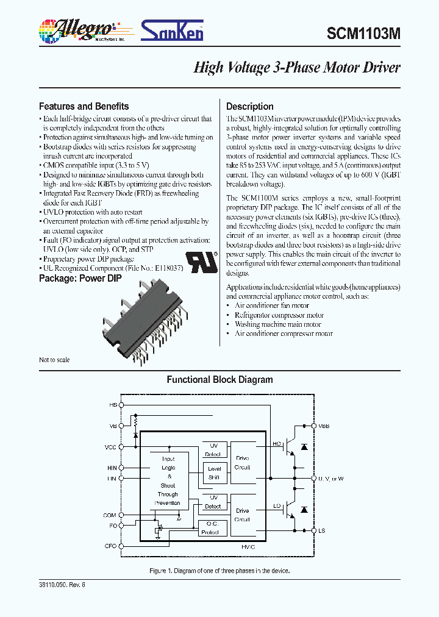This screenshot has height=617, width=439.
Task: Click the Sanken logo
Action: (173, 30)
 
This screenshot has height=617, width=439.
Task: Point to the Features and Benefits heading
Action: (84, 106)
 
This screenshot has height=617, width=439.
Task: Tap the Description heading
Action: (250, 106)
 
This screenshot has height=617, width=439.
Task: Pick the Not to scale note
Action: (54, 360)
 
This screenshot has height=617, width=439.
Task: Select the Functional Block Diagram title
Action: (220, 379)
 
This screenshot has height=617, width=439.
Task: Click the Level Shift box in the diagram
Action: (214, 473)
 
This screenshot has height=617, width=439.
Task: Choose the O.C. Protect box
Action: (213, 528)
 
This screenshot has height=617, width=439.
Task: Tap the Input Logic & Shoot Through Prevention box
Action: (168, 481)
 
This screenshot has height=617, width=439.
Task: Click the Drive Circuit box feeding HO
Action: (242, 463)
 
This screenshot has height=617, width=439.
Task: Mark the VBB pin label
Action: (323, 426)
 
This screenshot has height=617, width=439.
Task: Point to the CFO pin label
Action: (110, 546)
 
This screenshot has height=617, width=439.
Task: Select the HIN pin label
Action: (111, 468)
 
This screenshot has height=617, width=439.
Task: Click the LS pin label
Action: (321, 531)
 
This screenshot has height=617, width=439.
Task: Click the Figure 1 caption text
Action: (220, 571)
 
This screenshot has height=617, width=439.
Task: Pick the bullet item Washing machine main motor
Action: (278, 324)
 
